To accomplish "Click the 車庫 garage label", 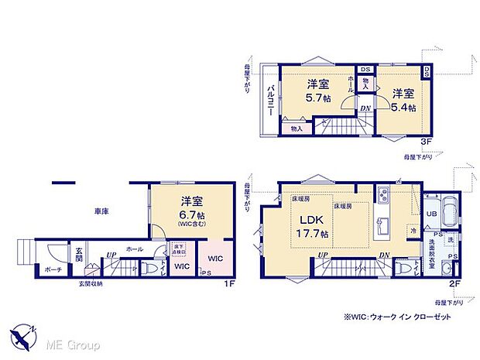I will coord(101,211).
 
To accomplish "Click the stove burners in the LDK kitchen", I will coord(385,195).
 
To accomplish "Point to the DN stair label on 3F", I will coord(364,108).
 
